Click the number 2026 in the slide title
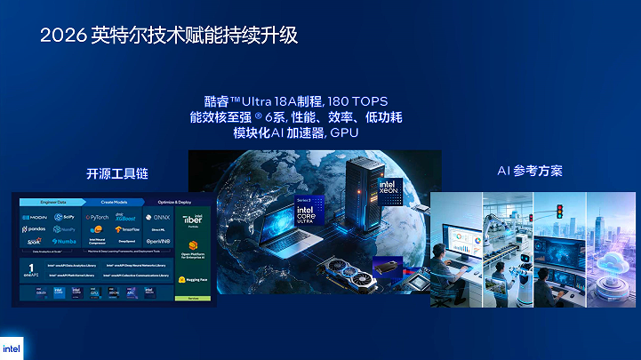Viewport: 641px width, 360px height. click(62, 36)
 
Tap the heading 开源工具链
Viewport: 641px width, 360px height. click(111, 173)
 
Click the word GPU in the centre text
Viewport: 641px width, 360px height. click(344, 133)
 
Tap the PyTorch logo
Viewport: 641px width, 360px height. click(99, 217)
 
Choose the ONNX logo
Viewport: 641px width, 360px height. click(159, 217)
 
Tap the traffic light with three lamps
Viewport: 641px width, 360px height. click(560, 212)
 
